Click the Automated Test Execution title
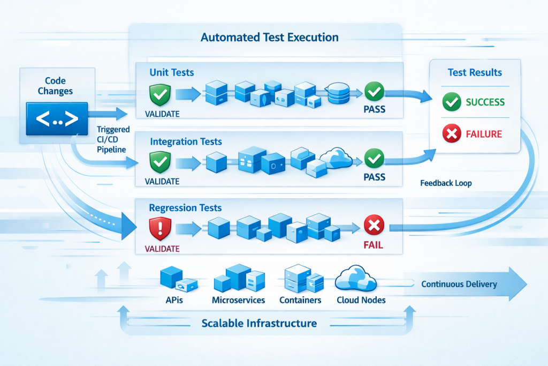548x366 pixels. coord(269,38)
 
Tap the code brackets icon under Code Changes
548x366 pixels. coord(57,118)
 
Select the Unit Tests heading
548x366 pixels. coord(172,72)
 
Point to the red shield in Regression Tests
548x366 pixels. coord(159,228)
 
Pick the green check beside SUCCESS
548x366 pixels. coord(451,102)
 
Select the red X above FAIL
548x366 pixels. coord(373,226)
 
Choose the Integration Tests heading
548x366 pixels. coord(186,141)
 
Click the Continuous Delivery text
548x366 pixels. coord(459,284)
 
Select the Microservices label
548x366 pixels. coord(238,300)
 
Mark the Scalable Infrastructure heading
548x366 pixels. coord(259,323)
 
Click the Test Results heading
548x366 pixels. coord(475,73)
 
